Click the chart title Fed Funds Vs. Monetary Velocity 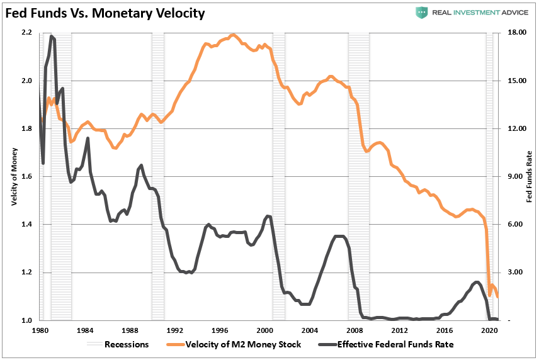(105, 13)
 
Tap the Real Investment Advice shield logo (421, 13)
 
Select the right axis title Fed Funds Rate (529, 176)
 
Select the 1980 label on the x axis (41, 330)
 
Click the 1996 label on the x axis (220, 330)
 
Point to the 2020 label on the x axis (489, 330)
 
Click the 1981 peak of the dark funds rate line (52, 37)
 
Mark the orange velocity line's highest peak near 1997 (233, 35)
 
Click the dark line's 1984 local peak (88, 138)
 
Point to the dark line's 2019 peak (476, 282)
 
